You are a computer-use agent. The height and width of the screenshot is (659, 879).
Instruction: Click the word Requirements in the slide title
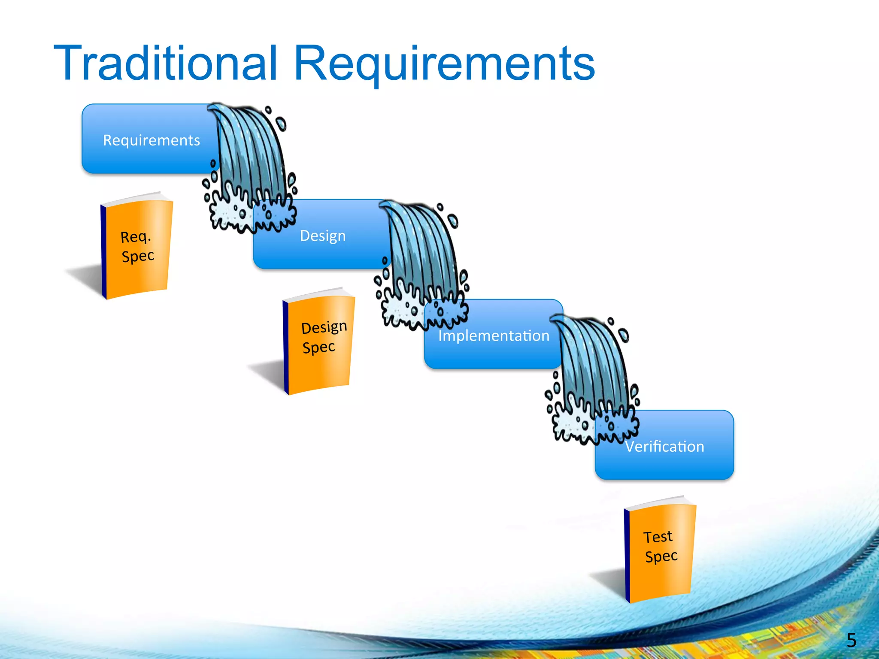(x=444, y=64)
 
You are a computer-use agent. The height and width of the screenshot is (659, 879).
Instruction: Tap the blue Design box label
(x=323, y=236)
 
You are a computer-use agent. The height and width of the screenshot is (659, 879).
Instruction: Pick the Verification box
(x=664, y=447)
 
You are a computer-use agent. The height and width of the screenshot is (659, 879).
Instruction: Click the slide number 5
(x=852, y=640)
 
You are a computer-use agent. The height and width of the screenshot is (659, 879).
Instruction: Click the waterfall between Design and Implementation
(x=423, y=253)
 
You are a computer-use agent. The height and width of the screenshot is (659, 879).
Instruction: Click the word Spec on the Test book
(x=661, y=556)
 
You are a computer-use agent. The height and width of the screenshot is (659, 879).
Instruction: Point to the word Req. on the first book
(x=136, y=237)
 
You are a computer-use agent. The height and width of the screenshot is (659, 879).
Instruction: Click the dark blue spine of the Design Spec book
(x=286, y=348)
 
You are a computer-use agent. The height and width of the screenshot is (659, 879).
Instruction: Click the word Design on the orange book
(x=324, y=327)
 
